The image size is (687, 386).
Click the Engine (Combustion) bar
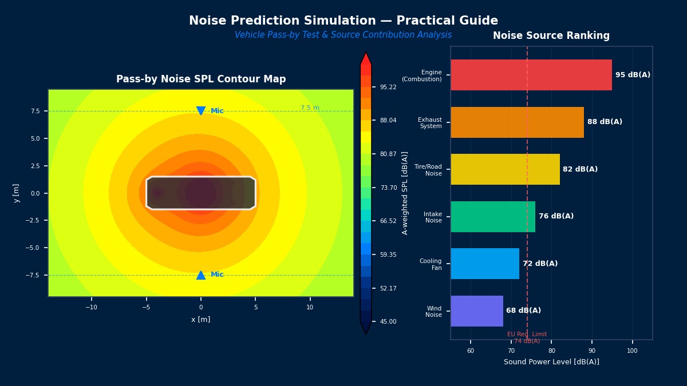tap(531, 75)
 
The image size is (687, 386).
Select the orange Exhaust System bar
tap(517, 122)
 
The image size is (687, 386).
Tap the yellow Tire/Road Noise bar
tap(505, 169)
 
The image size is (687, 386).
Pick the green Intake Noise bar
tap(493, 217)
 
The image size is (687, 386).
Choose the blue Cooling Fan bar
tap(485, 264)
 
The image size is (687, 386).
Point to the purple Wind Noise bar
tap(477, 311)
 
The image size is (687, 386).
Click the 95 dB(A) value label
tap(633, 75)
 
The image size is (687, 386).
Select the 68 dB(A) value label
tap(523, 311)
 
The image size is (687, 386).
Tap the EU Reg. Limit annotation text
tap(527, 338)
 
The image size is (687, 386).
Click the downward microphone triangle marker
tap(201, 110)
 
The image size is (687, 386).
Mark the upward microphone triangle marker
tap(201, 275)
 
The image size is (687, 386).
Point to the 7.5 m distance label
tap(310, 108)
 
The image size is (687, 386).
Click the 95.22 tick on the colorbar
tap(388, 87)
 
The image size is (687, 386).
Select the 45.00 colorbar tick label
tap(388, 321)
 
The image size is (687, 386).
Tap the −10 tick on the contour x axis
tap(91, 307)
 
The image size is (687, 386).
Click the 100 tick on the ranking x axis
tap(632, 351)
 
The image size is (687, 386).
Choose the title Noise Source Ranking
tap(551, 36)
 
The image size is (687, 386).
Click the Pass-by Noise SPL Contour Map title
tap(201, 79)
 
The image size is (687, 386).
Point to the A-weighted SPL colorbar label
tap(405, 193)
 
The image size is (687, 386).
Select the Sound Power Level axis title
tap(551, 362)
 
